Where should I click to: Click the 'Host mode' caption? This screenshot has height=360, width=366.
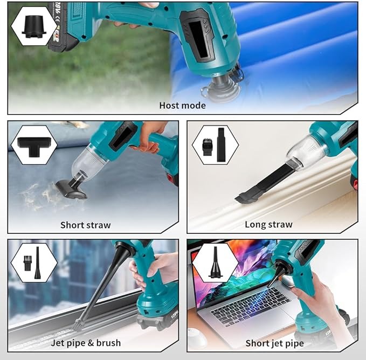182,105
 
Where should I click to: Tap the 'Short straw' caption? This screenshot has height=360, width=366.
85,225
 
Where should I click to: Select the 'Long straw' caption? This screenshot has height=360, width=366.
268,225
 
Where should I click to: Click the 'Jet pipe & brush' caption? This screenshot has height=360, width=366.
86,343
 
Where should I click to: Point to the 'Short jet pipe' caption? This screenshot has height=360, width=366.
274,343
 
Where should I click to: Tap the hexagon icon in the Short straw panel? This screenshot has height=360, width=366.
34,144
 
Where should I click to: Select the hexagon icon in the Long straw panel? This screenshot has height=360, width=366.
215,144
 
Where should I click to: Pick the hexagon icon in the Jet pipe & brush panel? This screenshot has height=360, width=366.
33,263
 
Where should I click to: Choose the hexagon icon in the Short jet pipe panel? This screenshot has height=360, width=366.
215,263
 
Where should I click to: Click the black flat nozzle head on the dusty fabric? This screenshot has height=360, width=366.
71,189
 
